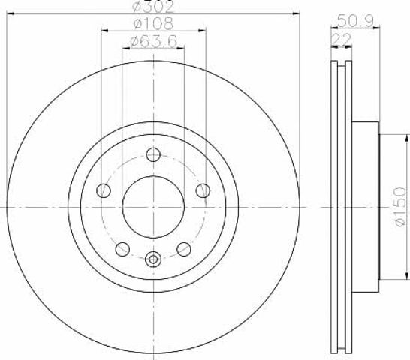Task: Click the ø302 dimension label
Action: click(153, 6)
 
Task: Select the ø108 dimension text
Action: click(153, 23)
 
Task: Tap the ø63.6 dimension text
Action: click(153, 41)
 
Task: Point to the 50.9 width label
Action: click(355, 21)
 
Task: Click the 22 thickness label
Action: click(341, 40)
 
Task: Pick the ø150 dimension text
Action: click(400, 207)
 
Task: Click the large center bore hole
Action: click(153, 207)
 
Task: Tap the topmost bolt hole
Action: click(153, 154)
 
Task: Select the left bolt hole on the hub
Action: click(104, 190)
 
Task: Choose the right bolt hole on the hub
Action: click(203, 190)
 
